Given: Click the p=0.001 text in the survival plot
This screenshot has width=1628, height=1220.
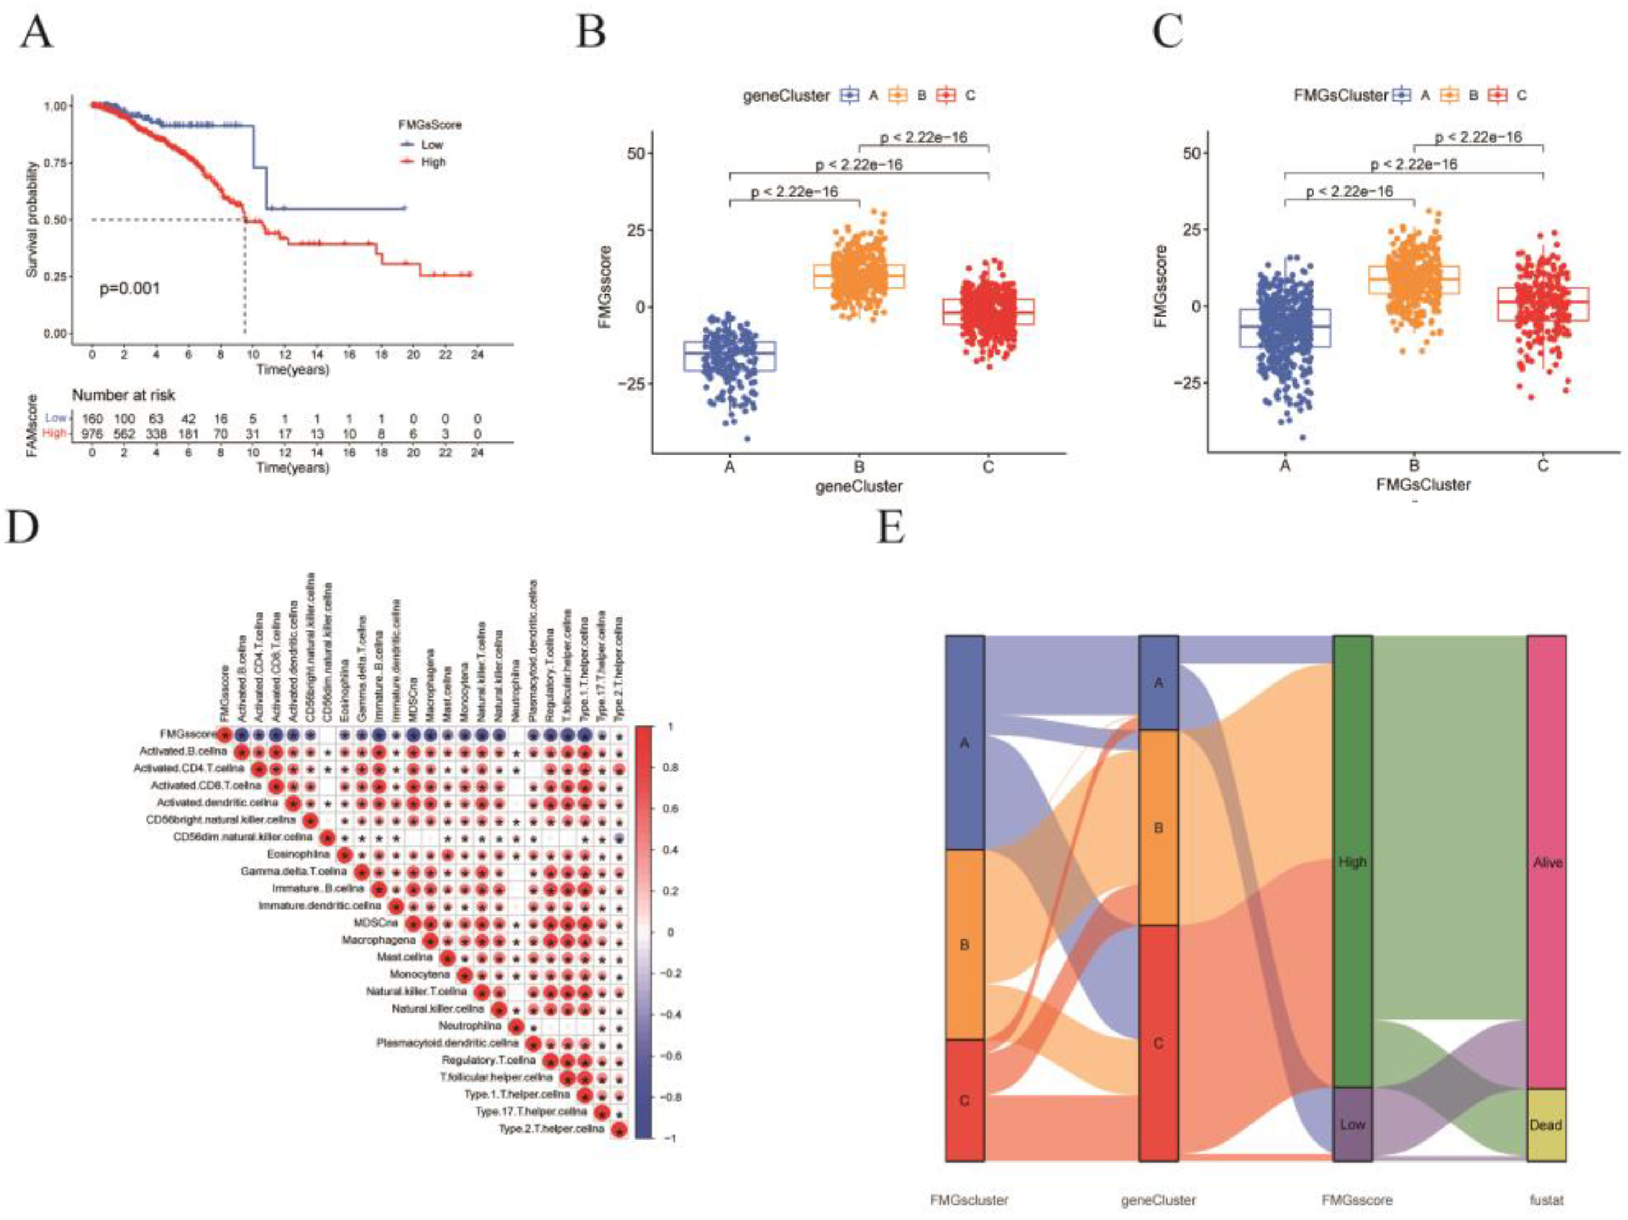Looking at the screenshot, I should (x=130, y=288).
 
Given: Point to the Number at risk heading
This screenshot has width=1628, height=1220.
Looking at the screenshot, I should (x=124, y=395).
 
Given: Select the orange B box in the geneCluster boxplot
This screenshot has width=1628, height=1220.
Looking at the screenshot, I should (x=859, y=276).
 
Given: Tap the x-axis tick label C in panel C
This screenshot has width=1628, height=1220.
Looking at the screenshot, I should (x=1543, y=466).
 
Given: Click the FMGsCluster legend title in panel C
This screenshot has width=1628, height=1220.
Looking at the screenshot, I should (x=1340, y=95).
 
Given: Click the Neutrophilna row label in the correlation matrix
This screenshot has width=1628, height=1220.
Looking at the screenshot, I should (x=470, y=1026).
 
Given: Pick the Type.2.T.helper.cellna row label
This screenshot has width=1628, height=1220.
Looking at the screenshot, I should (x=551, y=1129).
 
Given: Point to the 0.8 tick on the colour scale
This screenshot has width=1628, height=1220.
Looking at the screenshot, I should (x=671, y=768).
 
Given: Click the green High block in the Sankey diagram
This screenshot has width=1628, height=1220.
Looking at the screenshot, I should (x=1352, y=861).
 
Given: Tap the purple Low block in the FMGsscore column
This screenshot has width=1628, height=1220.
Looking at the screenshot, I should (x=1352, y=1124).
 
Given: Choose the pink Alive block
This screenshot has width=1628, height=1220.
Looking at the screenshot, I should (x=1546, y=861).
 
